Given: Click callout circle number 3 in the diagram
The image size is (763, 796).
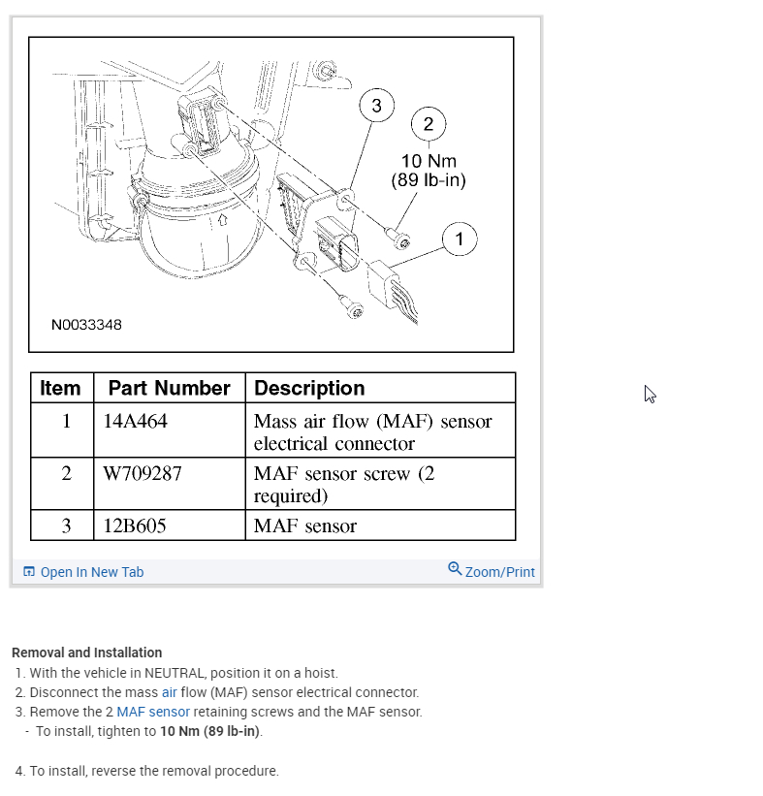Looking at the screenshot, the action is click(x=377, y=106).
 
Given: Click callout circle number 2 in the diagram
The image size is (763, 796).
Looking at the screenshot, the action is click(x=429, y=123).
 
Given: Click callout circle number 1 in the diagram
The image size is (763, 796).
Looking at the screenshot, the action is click(x=460, y=239).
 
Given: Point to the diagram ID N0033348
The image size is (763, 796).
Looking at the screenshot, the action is click(x=86, y=325).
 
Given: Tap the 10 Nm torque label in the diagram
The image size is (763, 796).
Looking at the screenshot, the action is click(x=429, y=162).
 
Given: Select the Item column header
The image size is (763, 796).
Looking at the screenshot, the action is click(x=60, y=389).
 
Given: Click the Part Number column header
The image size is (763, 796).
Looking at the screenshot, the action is click(x=169, y=389).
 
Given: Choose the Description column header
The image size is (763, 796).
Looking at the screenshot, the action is click(x=309, y=389).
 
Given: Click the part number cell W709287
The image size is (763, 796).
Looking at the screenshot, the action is click(x=143, y=474).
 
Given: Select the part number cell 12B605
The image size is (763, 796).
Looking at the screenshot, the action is click(x=135, y=526).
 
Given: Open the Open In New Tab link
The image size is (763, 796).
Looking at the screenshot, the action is click(x=91, y=572).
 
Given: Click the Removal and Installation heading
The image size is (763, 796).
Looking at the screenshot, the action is click(x=86, y=653).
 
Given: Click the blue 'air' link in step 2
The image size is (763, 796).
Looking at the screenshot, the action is click(x=170, y=692).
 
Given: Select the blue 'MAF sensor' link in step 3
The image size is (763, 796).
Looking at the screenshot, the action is click(x=153, y=712).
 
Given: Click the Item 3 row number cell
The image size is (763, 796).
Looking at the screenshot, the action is click(x=65, y=526).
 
